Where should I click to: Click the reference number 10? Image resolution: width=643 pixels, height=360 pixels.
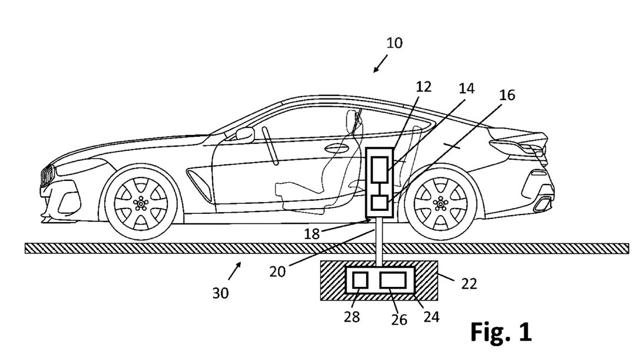coord(395,43)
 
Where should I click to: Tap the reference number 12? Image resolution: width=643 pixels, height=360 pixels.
coord(423,87)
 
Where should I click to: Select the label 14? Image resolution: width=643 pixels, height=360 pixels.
coord(466,88)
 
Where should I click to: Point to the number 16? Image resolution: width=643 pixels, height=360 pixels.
coord(506,95)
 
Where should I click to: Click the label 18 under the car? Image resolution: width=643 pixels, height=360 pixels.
coord(311,233)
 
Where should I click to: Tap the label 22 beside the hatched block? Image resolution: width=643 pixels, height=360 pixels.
coord(469,284)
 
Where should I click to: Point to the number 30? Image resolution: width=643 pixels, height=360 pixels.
coord(221,292)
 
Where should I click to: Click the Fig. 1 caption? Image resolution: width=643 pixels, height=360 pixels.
coord(501,332)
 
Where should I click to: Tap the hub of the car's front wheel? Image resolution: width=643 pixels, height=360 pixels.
coord(141,203)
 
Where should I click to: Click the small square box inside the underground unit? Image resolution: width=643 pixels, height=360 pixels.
coord(360,280)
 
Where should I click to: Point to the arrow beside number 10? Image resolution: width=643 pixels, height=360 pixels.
coord(380,64)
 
